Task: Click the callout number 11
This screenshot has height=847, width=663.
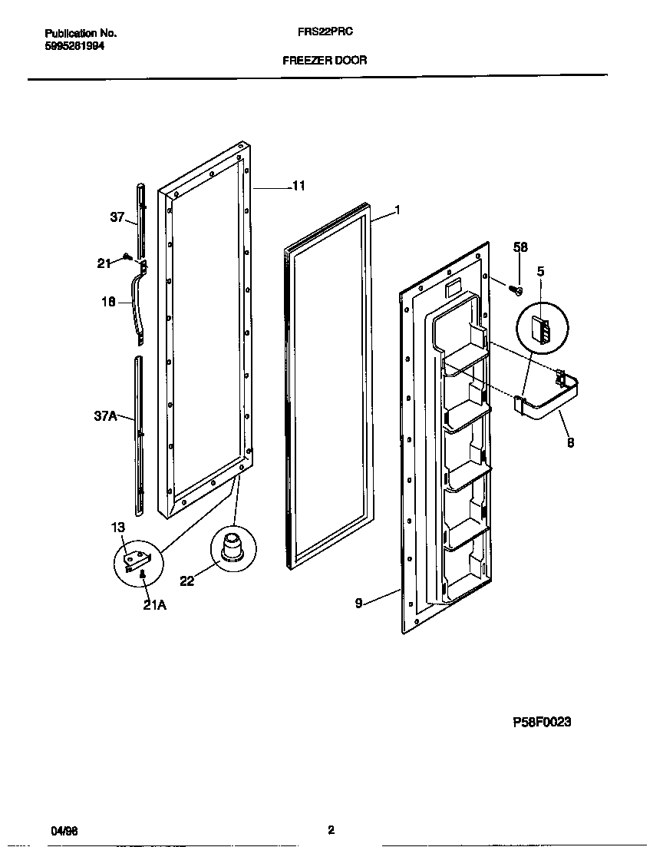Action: click(x=299, y=186)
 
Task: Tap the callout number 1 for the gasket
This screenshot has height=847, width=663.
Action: click(x=397, y=210)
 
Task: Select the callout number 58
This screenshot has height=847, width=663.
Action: click(x=520, y=246)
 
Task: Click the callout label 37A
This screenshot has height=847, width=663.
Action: click(x=104, y=416)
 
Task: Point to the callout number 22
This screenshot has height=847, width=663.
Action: click(x=186, y=581)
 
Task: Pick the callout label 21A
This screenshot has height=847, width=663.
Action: click(x=154, y=604)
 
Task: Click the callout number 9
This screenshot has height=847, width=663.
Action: click(x=358, y=604)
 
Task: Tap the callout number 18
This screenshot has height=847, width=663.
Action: click(x=108, y=303)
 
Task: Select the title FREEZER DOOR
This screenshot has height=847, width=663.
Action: click(x=325, y=60)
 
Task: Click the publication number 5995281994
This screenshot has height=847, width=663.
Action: click(x=74, y=46)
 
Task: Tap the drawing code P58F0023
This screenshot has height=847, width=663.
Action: click(x=542, y=723)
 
